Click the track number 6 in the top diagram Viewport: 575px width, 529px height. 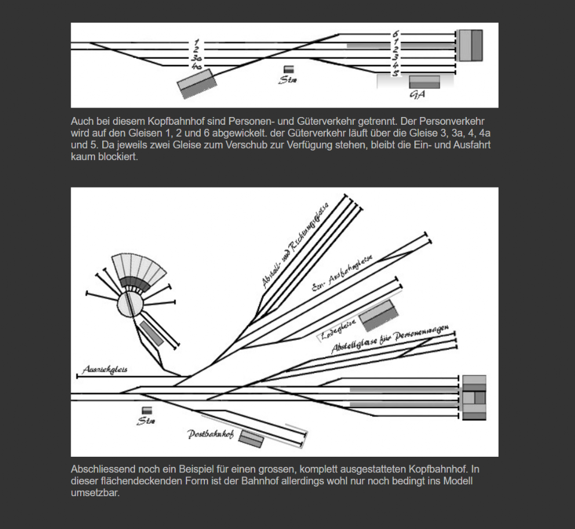pos(396,34)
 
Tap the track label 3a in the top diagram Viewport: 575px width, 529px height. pos(196,59)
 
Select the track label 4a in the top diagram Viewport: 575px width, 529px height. pos(196,66)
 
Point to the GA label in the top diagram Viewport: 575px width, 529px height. pos(418,95)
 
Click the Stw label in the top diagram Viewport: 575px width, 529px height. pos(287,80)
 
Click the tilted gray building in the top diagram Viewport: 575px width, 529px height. pos(197,84)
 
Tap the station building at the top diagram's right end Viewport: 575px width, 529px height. pos(470,45)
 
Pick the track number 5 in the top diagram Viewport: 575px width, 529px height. pos(395,73)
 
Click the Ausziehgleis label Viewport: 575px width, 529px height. pos(105,370)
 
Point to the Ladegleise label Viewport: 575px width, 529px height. pos(338,328)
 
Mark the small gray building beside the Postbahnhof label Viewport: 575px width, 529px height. pos(251,439)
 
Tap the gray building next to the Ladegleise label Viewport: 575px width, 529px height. pos(377,315)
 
